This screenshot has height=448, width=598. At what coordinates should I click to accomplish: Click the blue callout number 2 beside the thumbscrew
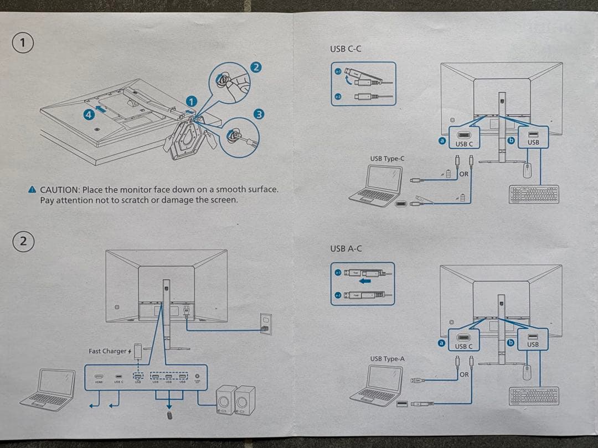tap(256, 67)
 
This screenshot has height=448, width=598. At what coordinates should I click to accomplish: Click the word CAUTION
tap(60, 190)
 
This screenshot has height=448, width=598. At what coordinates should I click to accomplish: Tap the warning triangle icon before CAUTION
tap(33, 190)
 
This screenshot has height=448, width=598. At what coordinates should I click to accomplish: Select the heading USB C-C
tap(346, 49)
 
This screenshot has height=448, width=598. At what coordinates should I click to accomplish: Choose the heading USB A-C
tap(346, 249)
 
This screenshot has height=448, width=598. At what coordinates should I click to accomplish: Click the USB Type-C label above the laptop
tap(387, 159)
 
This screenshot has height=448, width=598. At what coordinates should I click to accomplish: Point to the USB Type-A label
tap(387, 359)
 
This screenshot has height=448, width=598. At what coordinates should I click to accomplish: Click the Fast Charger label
tap(109, 351)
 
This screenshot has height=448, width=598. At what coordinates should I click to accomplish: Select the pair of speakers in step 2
tap(235, 400)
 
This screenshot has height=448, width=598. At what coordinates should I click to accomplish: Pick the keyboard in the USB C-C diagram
tap(533, 194)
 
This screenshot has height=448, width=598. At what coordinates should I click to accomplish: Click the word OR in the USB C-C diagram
tap(463, 174)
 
